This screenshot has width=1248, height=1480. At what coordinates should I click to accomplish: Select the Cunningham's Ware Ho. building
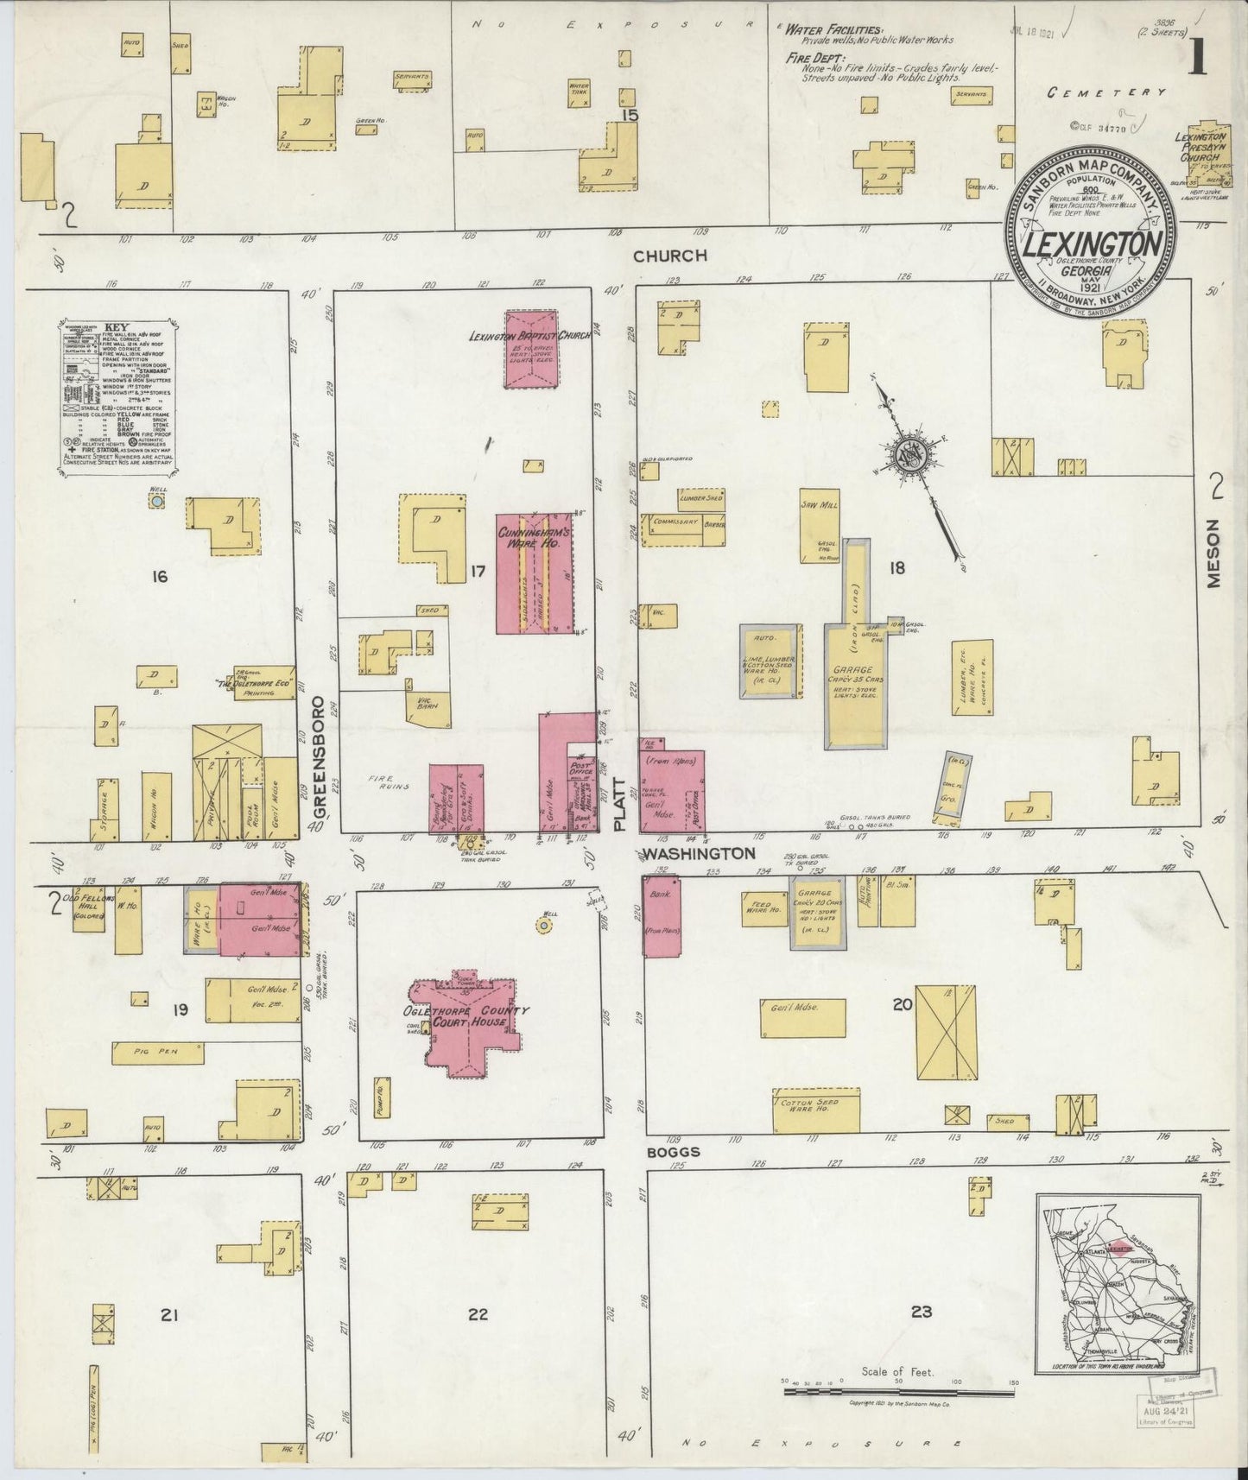(535, 574)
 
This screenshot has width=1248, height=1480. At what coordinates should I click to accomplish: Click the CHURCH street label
(669, 256)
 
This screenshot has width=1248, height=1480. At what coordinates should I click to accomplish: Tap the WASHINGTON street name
(697, 853)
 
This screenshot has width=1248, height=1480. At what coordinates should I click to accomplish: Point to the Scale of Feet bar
(898, 1392)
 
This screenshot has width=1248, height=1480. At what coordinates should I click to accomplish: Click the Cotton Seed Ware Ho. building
(816, 1110)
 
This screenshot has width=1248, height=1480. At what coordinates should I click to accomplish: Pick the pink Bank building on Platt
(662, 915)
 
